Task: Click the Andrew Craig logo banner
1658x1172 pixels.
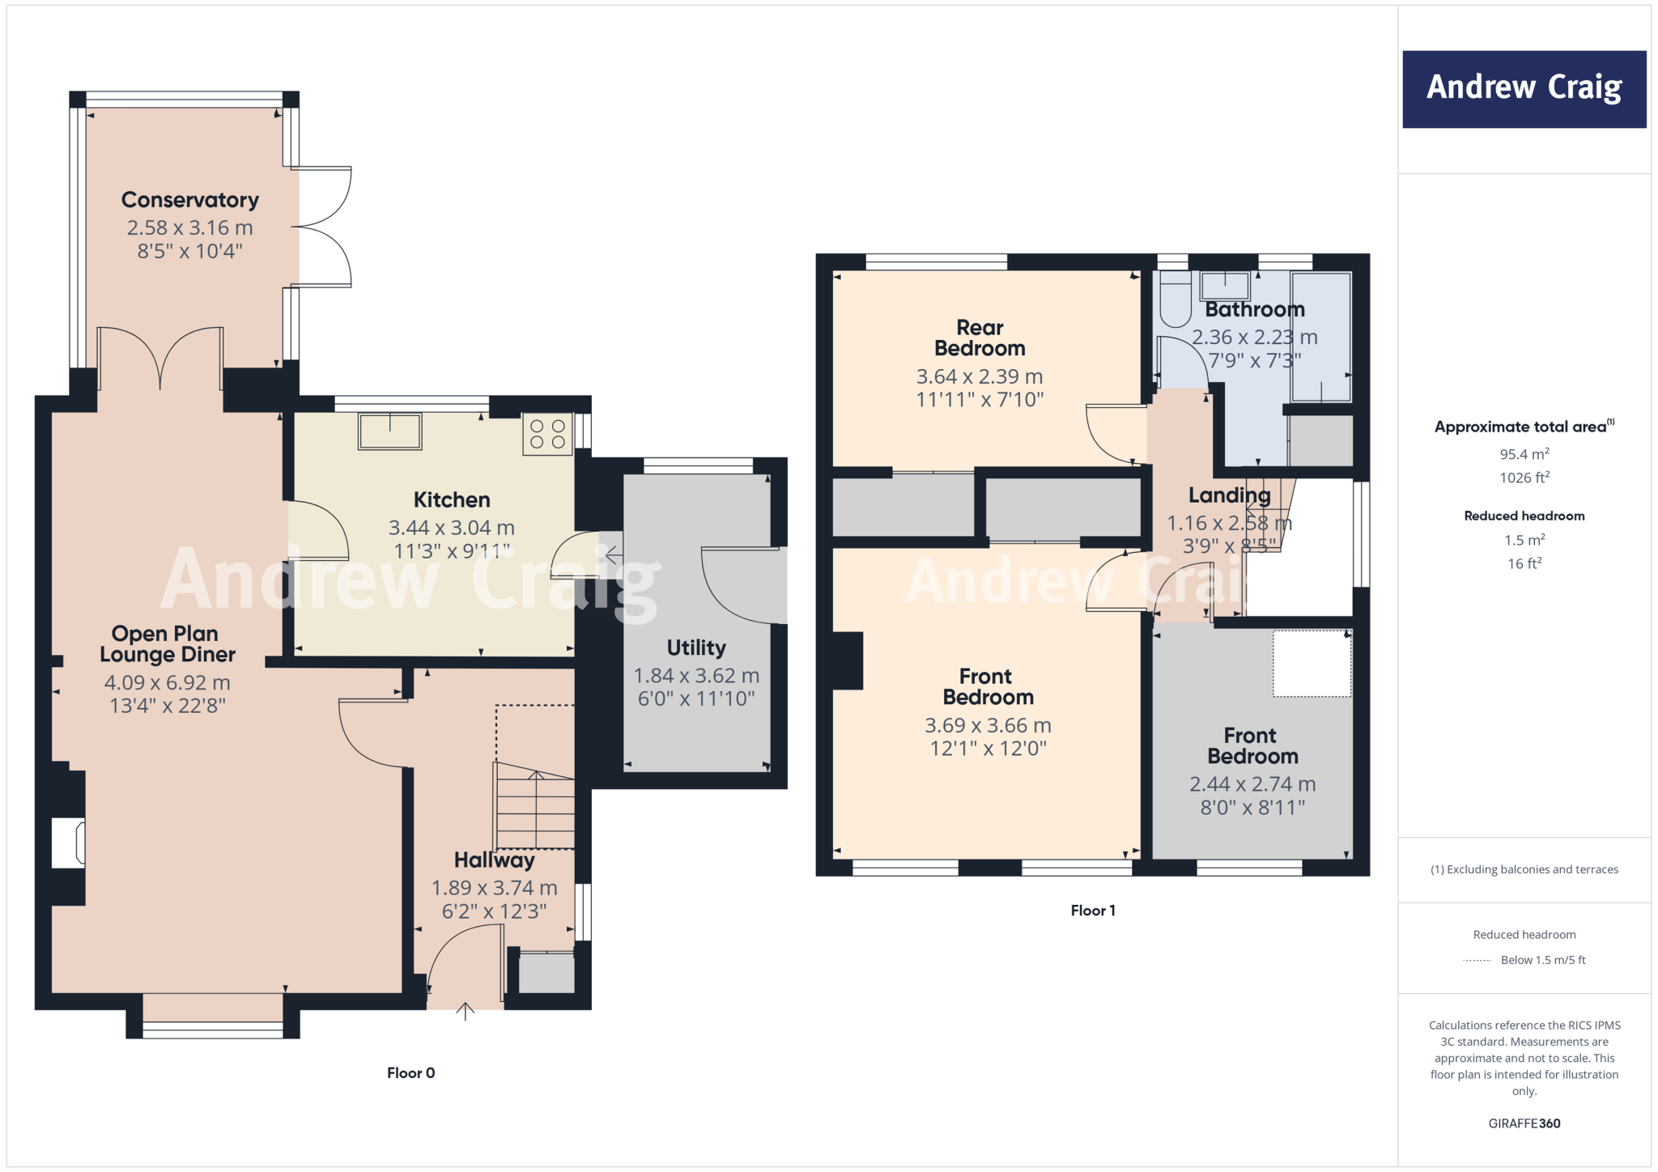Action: click(1524, 89)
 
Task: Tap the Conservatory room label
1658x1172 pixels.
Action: click(190, 200)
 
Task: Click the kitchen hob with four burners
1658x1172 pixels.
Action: click(547, 433)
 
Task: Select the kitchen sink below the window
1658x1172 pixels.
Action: click(390, 431)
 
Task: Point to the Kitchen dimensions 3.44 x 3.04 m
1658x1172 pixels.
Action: click(451, 528)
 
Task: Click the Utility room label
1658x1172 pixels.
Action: click(696, 648)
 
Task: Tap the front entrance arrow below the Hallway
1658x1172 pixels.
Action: click(465, 1010)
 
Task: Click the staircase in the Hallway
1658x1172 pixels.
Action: click(535, 808)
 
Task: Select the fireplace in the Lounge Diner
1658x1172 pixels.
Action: click(68, 843)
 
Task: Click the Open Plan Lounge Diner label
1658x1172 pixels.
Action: click(168, 643)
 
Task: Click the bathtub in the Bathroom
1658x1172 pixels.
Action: click(1320, 337)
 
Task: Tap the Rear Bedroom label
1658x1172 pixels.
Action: click(980, 338)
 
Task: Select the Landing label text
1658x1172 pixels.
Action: click(1229, 495)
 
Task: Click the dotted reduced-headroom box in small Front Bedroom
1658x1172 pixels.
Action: click(1312, 663)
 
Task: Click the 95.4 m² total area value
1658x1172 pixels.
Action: click(1524, 454)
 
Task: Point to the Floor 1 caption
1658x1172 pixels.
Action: click(1092, 911)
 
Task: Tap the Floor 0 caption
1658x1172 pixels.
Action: click(410, 1072)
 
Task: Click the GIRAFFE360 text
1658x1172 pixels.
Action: click(1524, 1123)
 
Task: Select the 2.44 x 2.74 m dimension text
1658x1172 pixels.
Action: click(1252, 783)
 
